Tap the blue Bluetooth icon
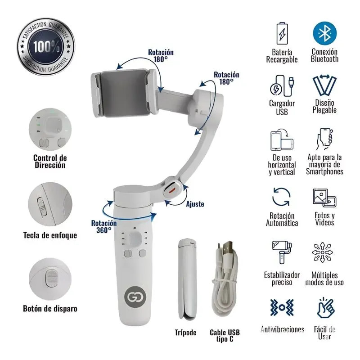pyautogui.click(x=325, y=33)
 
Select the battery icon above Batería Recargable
pyautogui.click(x=282, y=33)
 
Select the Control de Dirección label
pyautogui.click(x=50, y=162)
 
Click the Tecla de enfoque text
pyautogui.click(x=50, y=235)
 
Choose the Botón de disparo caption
pyautogui.click(x=50, y=309)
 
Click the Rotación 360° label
pyautogui.click(x=104, y=226)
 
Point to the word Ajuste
pyautogui.click(x=195, y=204)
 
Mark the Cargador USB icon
pyautogui.click(x=282, y=85)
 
